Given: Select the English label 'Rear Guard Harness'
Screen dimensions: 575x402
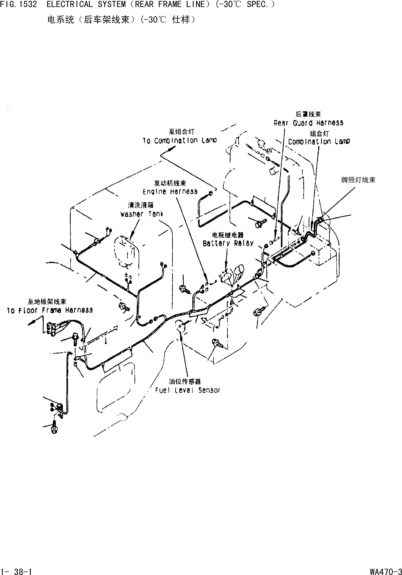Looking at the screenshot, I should [308, 123].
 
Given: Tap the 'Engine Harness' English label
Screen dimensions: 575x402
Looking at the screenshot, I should [170, 192].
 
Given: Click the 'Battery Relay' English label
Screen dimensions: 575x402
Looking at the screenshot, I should [228, 243].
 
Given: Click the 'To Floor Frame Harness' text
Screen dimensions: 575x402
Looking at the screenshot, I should [50, 310].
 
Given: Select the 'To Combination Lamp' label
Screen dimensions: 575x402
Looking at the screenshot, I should [180, 141].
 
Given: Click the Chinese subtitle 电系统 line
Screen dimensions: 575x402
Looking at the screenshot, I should [121, 20].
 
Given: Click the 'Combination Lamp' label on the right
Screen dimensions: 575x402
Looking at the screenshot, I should [319, 141].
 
